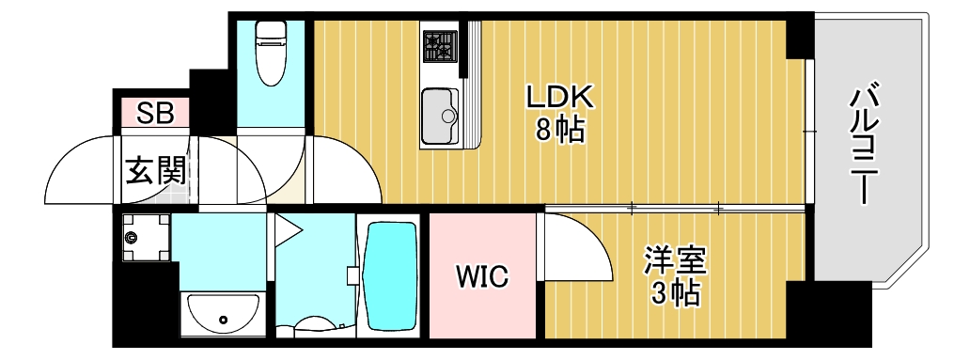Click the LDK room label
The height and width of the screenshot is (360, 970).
(x=558, y=97)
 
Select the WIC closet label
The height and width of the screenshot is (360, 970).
(x=482, y=276)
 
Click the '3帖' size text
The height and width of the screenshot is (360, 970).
(x=675, y=294)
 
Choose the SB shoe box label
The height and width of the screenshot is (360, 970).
(x=155, y=114)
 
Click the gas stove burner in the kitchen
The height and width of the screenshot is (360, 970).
(x=437, y=44)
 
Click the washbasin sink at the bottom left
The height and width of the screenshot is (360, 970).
(x=223, y=312)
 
